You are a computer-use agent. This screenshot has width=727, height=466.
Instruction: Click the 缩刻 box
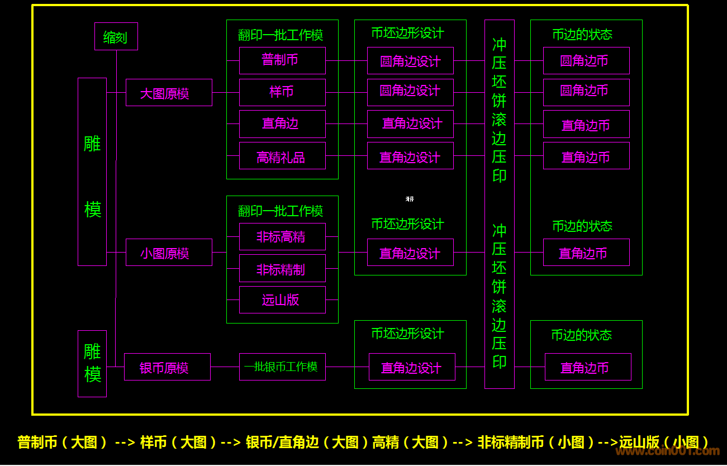click(x=116, y=37)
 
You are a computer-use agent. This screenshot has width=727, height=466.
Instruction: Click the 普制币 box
click(x=282, y=60)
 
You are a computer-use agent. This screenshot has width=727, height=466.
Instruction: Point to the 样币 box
click(x=282, y=92)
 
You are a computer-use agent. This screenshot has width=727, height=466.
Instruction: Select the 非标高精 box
click(x=282, y=237)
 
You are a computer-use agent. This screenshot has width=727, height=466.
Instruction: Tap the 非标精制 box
click(x=282, y=269)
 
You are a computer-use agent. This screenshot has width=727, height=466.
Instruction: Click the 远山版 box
click(x=282, y=300)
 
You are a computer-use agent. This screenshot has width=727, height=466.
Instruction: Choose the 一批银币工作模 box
click(x=282, y=367)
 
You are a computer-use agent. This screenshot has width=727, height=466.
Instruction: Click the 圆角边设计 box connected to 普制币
click(x=410, y=61)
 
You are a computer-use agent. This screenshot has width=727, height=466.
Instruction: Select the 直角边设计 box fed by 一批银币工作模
click(x=412, y=367)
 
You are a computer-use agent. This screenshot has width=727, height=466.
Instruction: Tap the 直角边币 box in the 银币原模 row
click(x=588, y=367)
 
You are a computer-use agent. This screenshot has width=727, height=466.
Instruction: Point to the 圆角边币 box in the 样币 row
click(x=586, y=92)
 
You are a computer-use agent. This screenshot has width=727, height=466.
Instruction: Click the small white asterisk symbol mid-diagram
click(x=410, y=199)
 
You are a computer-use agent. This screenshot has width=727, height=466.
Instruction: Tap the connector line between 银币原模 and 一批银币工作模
click(x=225, y=367)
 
